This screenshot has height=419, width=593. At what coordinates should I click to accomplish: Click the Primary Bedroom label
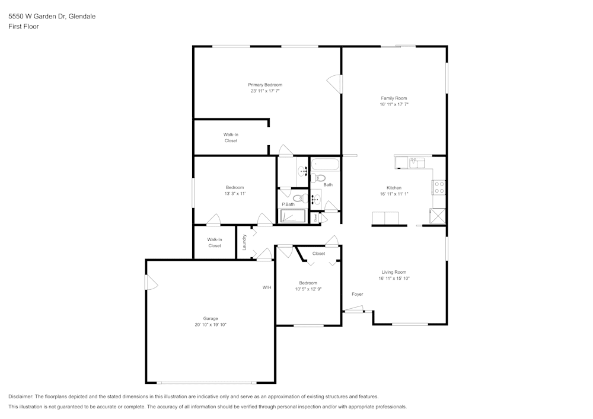pyautogui.click(x=265, y=85)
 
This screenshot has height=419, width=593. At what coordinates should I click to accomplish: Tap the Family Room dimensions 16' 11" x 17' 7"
pyautogui.click(x=394, y=104)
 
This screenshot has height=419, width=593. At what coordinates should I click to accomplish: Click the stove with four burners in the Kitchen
pyautogui.click(x=439, y=187)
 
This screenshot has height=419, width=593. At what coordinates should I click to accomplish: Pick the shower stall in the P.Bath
pyautogui.click(x=292, y=216)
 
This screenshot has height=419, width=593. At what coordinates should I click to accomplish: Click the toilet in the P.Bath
pyautogui.click(x=299, y=198)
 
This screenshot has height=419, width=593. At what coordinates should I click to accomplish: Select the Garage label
pyautogui.click(x=211, y=318)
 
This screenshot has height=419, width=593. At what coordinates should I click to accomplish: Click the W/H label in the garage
pyautogui.click(x=267, y=287)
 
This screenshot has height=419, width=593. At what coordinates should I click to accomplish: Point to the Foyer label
pyautogui.click(x=357, y=294)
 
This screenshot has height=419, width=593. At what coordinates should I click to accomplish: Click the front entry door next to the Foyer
pyautogui.click(x=355, y=309)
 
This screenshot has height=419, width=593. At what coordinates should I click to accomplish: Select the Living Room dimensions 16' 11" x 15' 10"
pyautogui.click(x=394, y=279)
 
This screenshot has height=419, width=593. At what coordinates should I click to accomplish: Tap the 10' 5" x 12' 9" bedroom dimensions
pyautogui.click(x=308, y=289)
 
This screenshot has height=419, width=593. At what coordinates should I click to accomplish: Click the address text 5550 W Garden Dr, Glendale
pyautogui.click(x=52, y=17)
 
